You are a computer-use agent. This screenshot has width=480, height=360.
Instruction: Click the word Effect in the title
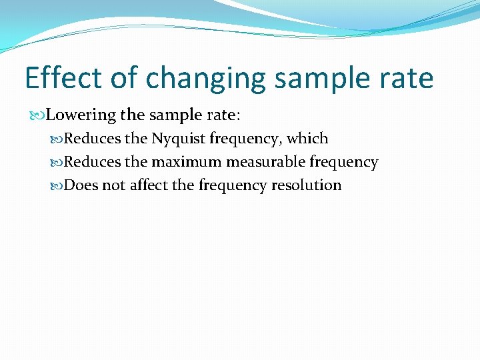61,78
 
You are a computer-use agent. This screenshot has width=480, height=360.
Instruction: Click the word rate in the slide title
405,79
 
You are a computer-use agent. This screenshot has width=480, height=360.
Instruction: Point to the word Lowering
81,115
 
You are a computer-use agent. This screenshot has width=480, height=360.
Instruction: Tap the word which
307,139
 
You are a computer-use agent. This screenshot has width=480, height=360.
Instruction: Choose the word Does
81,185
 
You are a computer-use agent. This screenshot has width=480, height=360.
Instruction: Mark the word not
113,185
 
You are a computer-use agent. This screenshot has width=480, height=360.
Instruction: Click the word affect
149,185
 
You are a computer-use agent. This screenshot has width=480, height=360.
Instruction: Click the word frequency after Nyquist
245,139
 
